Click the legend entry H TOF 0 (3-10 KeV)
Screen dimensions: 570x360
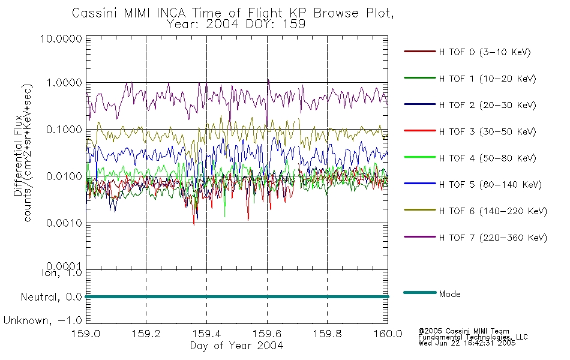coord(485,52)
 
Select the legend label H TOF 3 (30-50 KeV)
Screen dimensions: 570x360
coord(487,131)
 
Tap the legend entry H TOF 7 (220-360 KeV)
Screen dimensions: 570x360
coord(493,238)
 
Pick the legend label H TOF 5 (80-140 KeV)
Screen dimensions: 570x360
coord(490,185)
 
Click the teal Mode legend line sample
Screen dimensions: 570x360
coord(420,292)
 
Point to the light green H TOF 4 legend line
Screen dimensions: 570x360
coord(420,157)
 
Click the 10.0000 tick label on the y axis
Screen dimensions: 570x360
coord(61,38)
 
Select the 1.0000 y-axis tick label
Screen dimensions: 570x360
coord(64,83)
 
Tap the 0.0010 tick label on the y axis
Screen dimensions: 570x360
coord(64,223)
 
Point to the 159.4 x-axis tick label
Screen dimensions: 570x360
coord(206,334)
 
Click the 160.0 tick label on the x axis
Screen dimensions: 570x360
coord(388,334)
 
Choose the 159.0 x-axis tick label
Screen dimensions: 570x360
coord(86,334)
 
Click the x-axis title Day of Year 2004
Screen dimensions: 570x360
coord(236,346)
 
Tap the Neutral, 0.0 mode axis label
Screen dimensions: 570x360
coord(51,298)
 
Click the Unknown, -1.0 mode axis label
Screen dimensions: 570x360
coord(43,320)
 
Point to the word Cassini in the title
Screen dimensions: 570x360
coord(95,13)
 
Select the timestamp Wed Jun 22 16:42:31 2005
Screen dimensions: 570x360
coord(467,343)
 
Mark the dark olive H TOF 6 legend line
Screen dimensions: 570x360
coord(420,210)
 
